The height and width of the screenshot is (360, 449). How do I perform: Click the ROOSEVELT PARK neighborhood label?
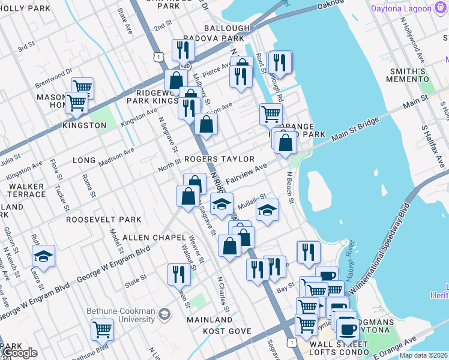(x=103, y=220)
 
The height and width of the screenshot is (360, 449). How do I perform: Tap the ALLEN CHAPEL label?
(x=148, y=238)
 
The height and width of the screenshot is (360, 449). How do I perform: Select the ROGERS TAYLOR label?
(x=219, y=159)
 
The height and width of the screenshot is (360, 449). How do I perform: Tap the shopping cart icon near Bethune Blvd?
(x=103, y=329)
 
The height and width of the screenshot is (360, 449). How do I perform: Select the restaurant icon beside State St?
(x=179, y=274)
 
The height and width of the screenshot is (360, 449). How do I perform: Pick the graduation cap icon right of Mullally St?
(x=268, y=210)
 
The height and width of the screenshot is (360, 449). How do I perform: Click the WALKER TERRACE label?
(x=26, y=191)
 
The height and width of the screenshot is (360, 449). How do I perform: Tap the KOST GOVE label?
(x=226, y=331)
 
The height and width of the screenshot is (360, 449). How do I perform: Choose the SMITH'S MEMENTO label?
(x=406, y=75)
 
